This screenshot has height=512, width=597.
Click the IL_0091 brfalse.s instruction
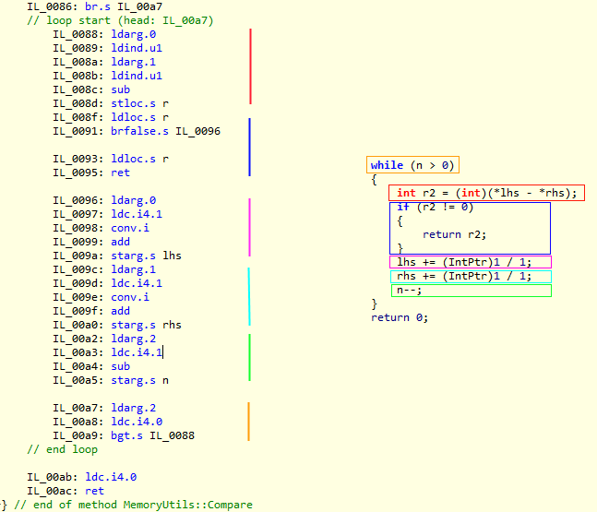165,131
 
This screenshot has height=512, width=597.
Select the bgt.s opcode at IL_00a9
126,435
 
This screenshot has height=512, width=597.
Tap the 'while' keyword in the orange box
387,165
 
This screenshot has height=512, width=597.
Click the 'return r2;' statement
454,234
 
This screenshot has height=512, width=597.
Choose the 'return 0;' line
400,317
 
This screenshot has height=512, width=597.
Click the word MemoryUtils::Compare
187,505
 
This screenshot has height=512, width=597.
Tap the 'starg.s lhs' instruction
146,256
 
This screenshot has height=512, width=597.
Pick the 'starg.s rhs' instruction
146,325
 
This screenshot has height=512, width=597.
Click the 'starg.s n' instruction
139,380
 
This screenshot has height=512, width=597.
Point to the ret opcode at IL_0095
120,173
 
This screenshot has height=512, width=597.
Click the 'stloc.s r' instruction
139,103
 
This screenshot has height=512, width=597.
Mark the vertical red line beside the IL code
251,66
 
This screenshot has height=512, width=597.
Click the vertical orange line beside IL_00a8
248,422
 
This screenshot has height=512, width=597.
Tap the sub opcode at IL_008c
120,89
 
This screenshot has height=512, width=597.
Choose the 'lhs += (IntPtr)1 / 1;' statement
464,262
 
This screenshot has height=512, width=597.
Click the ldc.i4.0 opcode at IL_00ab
111,477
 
